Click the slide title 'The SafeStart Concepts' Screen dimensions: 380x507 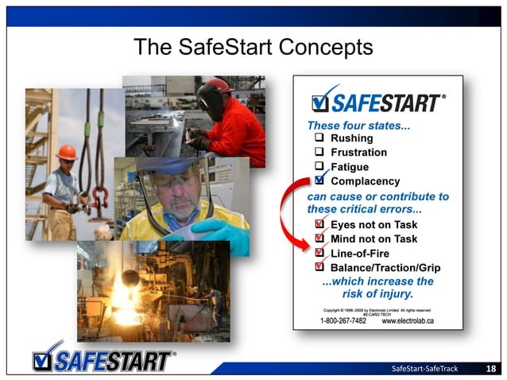253,47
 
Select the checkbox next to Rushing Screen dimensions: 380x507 319,139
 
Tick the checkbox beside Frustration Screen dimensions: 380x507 319,153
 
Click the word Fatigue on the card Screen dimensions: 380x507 349,167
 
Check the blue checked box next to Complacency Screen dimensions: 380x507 319,180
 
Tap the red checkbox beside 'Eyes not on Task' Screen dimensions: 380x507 319,225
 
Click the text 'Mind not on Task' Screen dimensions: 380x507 373,238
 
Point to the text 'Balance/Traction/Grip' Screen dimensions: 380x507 385,267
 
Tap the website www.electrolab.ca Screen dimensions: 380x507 408,320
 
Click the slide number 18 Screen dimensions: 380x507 491,369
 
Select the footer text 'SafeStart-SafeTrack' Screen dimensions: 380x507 426,369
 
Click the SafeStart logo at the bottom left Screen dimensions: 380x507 103,359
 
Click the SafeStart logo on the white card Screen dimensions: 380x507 378,102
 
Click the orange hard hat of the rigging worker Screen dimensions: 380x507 68,151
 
